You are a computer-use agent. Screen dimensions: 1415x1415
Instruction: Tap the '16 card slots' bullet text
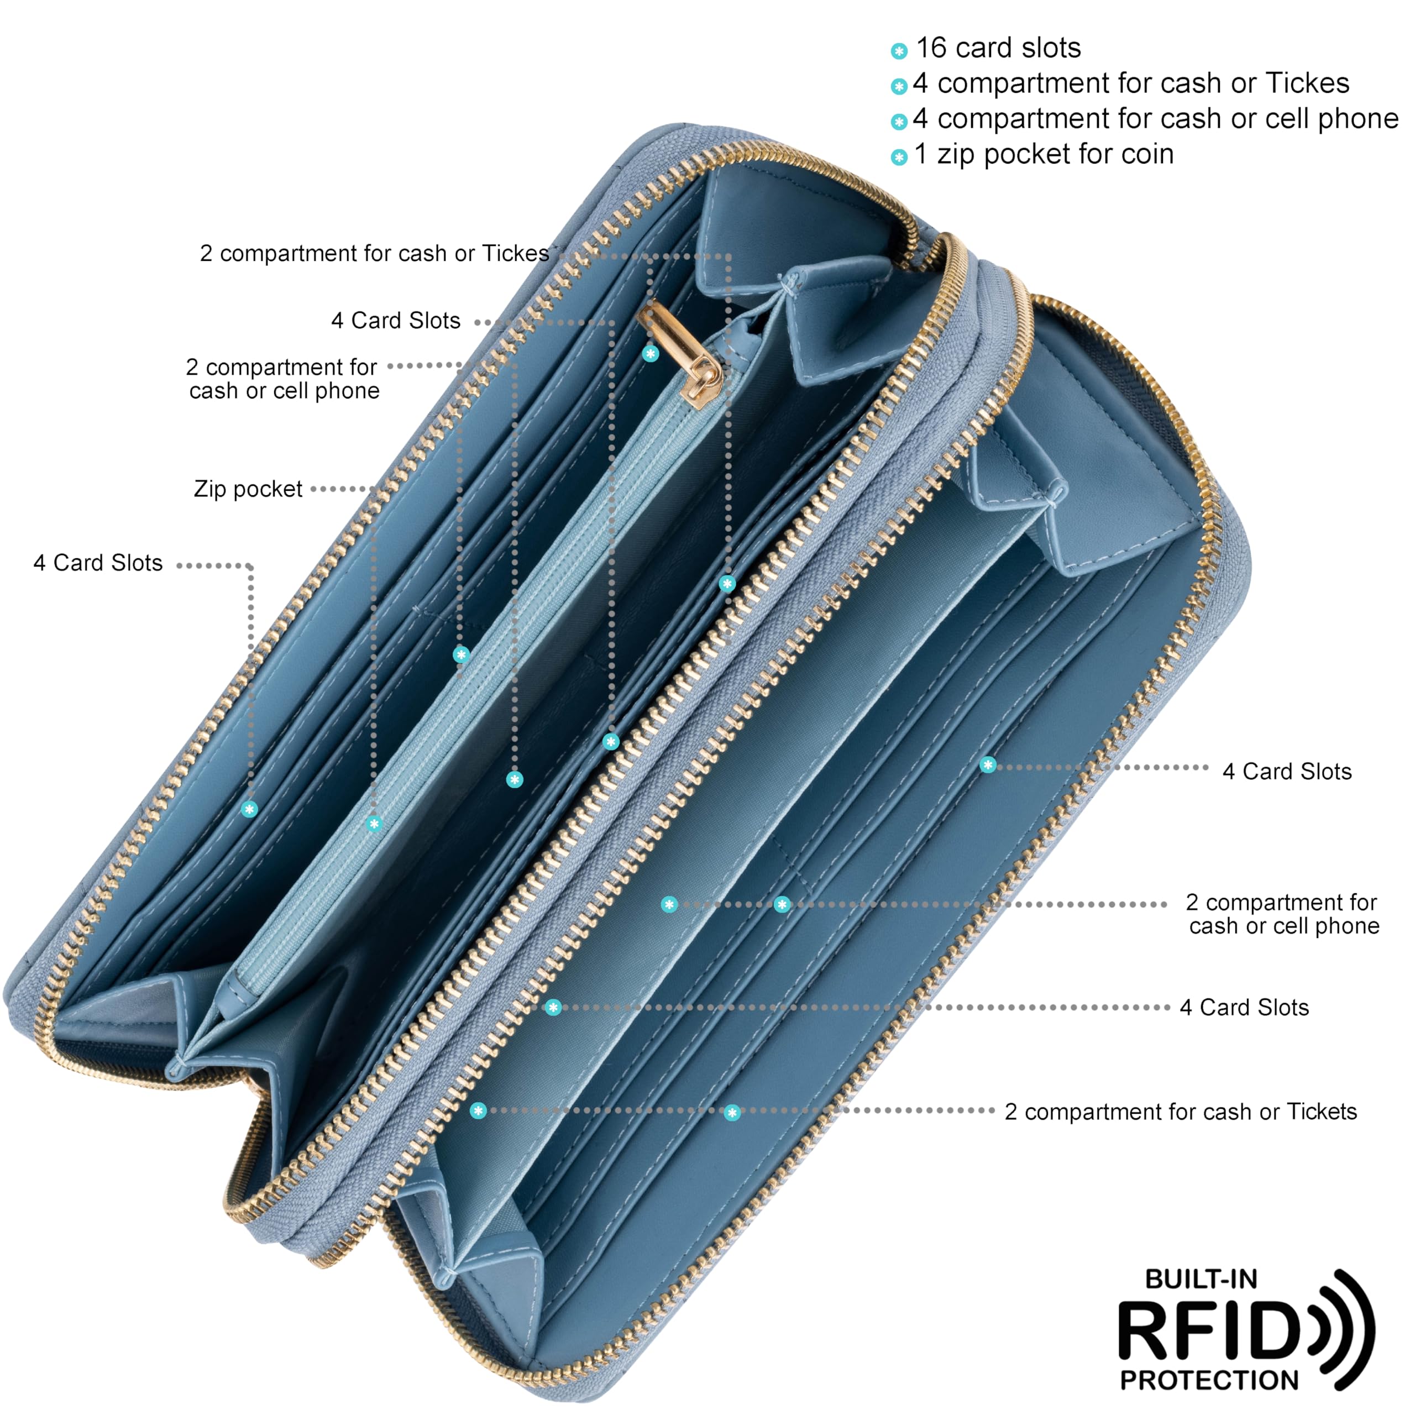[998, 48]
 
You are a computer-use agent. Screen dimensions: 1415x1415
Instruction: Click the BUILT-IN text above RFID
[1201, 1279]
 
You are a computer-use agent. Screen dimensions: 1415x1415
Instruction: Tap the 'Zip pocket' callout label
[248, 489]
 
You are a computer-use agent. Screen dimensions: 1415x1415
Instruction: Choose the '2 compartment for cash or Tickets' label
[1181, 1111]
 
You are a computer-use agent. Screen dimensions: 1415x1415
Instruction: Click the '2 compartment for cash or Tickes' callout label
[374, 253]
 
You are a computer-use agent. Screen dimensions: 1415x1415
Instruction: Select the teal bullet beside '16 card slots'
[899, 50]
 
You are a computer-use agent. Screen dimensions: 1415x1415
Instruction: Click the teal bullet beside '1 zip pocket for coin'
[899, 157]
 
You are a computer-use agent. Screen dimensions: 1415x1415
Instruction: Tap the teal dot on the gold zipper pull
[651, 354]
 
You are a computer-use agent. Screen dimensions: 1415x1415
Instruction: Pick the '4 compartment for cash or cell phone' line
[1156, 119]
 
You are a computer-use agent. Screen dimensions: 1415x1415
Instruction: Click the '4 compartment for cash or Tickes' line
[1131, 83]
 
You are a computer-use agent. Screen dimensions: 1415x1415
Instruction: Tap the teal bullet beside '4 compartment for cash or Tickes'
[899, 86]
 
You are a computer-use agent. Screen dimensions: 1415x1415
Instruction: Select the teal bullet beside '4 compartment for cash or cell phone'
[899, 122]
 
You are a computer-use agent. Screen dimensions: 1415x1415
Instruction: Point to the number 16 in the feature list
[931, 48]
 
